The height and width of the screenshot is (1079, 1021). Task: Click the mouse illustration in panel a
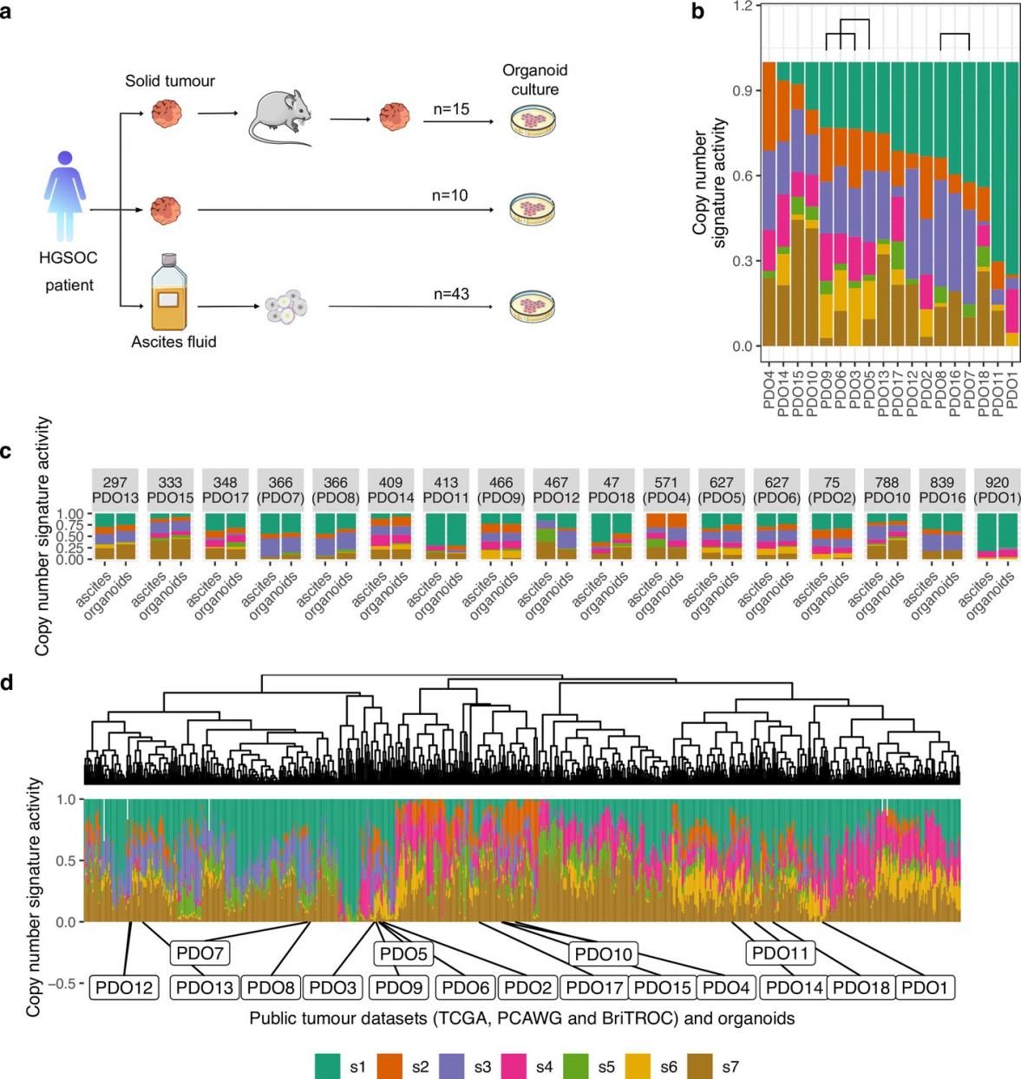pyautogui.click(x=279, y=116)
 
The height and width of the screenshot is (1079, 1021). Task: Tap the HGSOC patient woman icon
pyautogui.click(x=65, y=196)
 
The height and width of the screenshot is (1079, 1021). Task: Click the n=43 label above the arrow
pyautogui.click(x=451, y=294)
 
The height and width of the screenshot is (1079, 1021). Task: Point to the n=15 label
pyautogui.click(x=451, y=109)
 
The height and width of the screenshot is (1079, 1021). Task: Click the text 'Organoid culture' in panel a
pyautogui.click(x=534, y=80)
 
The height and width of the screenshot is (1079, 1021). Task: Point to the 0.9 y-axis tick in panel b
pyautogui.click(x=743, y=91)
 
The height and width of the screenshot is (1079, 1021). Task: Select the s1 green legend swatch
pyautogui.click(x=328, y=1066)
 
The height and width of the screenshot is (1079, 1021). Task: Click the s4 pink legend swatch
pyautogui.click(x=514, y=1066)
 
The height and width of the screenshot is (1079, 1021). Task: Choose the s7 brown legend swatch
pyautogui.click(x=700, y=1066)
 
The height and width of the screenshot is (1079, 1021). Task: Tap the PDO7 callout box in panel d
pyautogui.click(x=200, y=953)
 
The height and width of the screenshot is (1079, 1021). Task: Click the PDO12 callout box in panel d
pyautogui.click(x=124, y=987)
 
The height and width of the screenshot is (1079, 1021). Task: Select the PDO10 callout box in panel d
pyautogui.click(x=604, y=954)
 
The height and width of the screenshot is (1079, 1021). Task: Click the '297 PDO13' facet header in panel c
pyautogui.click(x=115, y=490)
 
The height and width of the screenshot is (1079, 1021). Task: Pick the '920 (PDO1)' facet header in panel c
pyautogui.click(x=997, y=490)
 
